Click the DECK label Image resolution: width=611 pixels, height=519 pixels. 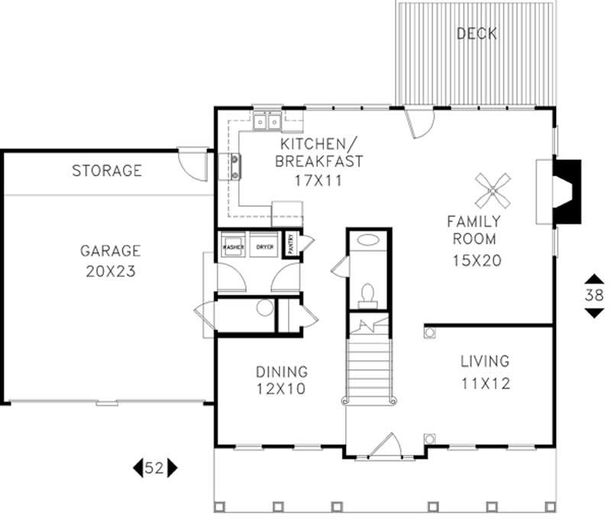476,34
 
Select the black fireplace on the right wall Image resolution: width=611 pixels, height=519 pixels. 567,192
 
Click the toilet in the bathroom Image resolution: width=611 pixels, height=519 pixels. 367,294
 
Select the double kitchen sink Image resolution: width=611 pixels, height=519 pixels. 268,121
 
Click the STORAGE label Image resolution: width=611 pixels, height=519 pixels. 107,170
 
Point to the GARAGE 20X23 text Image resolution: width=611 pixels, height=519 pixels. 111,259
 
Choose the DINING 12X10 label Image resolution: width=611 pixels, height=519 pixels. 281,380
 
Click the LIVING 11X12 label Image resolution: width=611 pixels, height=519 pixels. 485,371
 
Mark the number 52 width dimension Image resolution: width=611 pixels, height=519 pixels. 154,468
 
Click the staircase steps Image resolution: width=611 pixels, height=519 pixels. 370,366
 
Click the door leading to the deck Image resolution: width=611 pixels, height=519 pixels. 419,122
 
